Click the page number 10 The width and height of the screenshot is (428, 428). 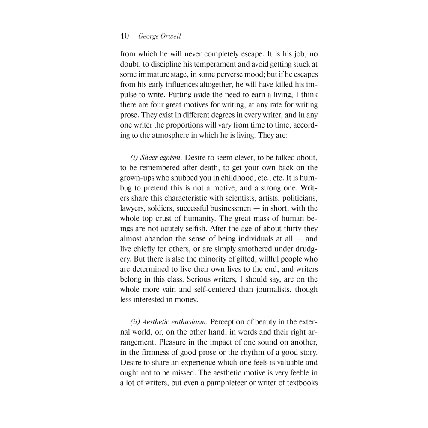125,36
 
